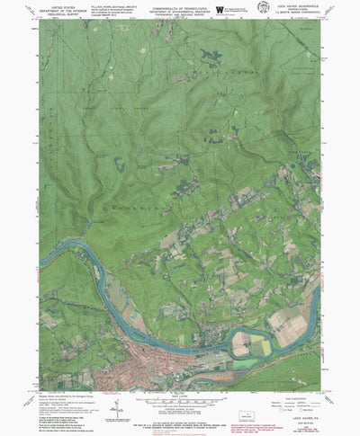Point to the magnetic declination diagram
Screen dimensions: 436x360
115,410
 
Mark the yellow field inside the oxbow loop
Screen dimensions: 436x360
260,346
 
